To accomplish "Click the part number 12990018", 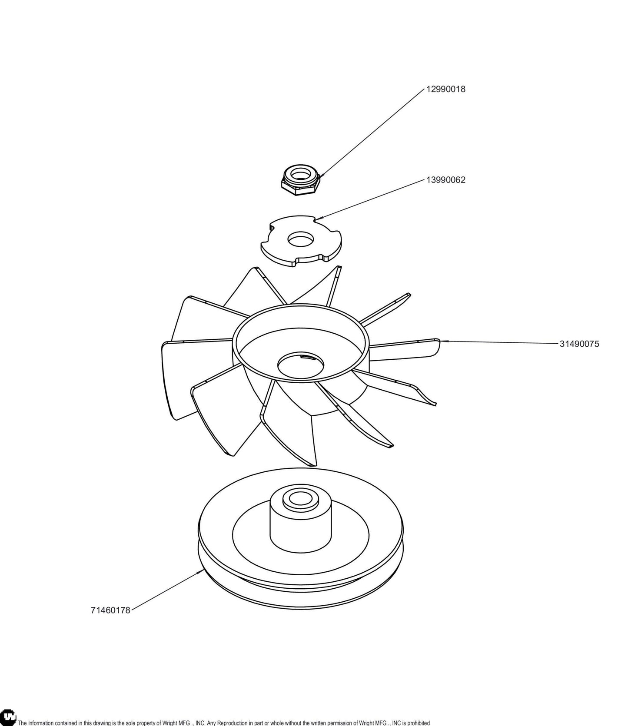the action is (445, 89).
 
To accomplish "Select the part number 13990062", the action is (445, 180).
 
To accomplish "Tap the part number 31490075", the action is (579, 344).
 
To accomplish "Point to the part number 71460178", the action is (110, 610).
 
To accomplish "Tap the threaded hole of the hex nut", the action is (300, 175).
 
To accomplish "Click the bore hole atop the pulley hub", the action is (300, 499).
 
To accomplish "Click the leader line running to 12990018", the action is (372, 133).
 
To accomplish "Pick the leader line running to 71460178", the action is (166, 591).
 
